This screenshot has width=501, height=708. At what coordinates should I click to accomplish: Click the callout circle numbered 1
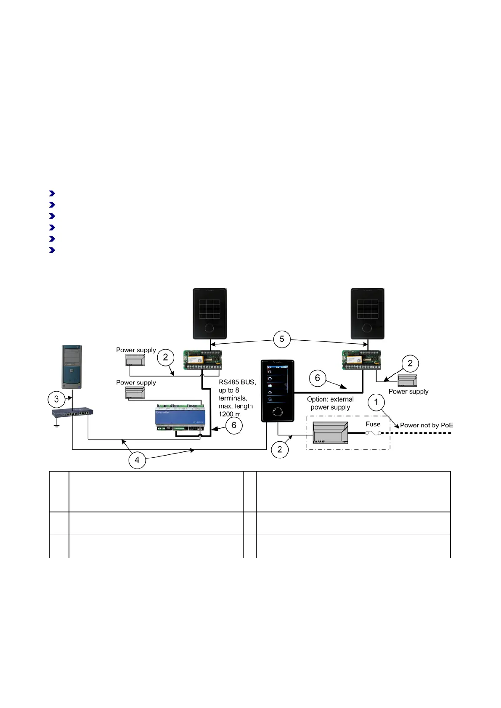(x=376, y=402)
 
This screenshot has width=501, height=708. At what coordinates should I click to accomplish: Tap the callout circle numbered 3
(x=56, y=399)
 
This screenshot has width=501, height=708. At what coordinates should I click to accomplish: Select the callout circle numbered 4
(x=137, y=460)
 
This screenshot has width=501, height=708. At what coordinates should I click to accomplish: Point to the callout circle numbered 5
(x=282, y=339)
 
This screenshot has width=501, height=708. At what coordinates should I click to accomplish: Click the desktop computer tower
(x=71, y=367)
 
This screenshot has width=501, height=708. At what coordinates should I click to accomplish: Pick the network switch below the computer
(x=72, y=412)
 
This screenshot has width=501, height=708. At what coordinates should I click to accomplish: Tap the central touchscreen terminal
(x=277, y=390)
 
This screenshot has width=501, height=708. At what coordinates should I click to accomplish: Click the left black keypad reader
(x=210, y=313)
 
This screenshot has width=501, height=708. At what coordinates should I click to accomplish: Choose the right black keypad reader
(x=368, y=313)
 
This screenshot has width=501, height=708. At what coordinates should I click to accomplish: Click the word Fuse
(x=373, y=424)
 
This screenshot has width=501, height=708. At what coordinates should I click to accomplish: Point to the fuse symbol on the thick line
(x=373, y=433)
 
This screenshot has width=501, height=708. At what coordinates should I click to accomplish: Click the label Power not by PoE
(x=427, y=425)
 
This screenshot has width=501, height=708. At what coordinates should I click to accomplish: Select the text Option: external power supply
(x=330, y=403)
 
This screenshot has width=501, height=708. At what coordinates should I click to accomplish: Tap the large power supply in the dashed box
(x=330, y=432)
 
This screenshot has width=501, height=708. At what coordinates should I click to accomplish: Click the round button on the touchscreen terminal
(x=277, y=412)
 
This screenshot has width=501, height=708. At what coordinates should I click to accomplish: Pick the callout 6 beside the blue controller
(x=234, y=425)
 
